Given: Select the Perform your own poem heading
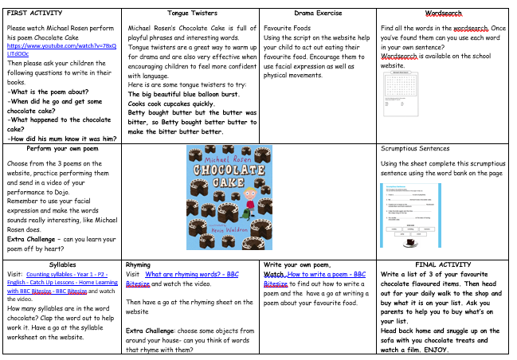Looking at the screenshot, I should point(63,149).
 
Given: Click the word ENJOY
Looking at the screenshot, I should point(435,350).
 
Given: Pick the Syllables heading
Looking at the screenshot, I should point(63,264).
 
